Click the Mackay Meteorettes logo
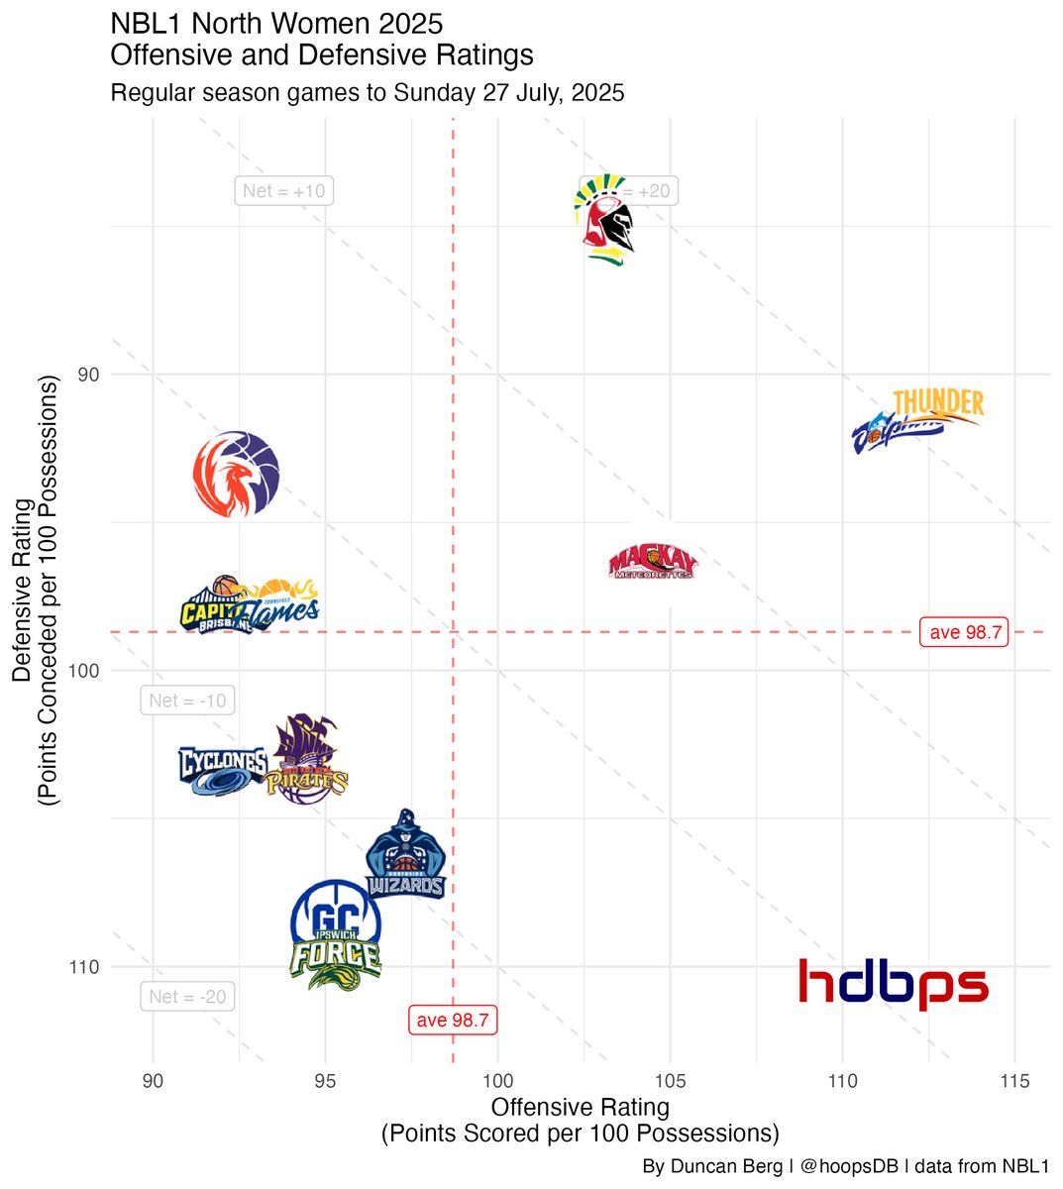653,563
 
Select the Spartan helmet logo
605,220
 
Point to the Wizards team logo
405,855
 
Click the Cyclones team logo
223,771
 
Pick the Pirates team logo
307,761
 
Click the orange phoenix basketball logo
236,474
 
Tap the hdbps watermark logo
893,983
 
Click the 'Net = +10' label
283,190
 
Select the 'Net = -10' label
187,701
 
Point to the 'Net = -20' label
187,997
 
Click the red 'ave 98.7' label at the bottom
453,1020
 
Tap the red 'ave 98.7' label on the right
965,632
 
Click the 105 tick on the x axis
670,1081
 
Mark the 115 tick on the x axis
1014,1081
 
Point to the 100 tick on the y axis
86,671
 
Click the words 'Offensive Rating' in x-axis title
581,1107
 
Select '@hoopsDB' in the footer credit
848,1167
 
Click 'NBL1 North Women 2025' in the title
276,24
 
